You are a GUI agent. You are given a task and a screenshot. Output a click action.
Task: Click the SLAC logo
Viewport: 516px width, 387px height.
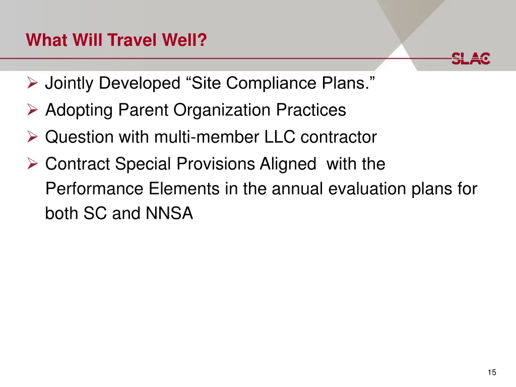point(471,58)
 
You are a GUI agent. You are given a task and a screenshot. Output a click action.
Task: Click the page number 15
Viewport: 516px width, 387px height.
point(492,372)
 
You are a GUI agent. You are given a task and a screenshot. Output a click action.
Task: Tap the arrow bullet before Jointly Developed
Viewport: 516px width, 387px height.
point(33,83)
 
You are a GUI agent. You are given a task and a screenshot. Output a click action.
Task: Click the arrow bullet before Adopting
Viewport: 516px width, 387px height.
point(33,110)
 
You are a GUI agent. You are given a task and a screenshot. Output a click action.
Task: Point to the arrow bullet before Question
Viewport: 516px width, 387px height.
point(33,137)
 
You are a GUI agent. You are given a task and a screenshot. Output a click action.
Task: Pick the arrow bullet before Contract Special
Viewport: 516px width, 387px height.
point(33,164)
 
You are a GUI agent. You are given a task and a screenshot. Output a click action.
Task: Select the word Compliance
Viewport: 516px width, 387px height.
point(262,83)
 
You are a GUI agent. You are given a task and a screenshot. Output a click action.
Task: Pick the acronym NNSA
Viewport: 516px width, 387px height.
point(169,214)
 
